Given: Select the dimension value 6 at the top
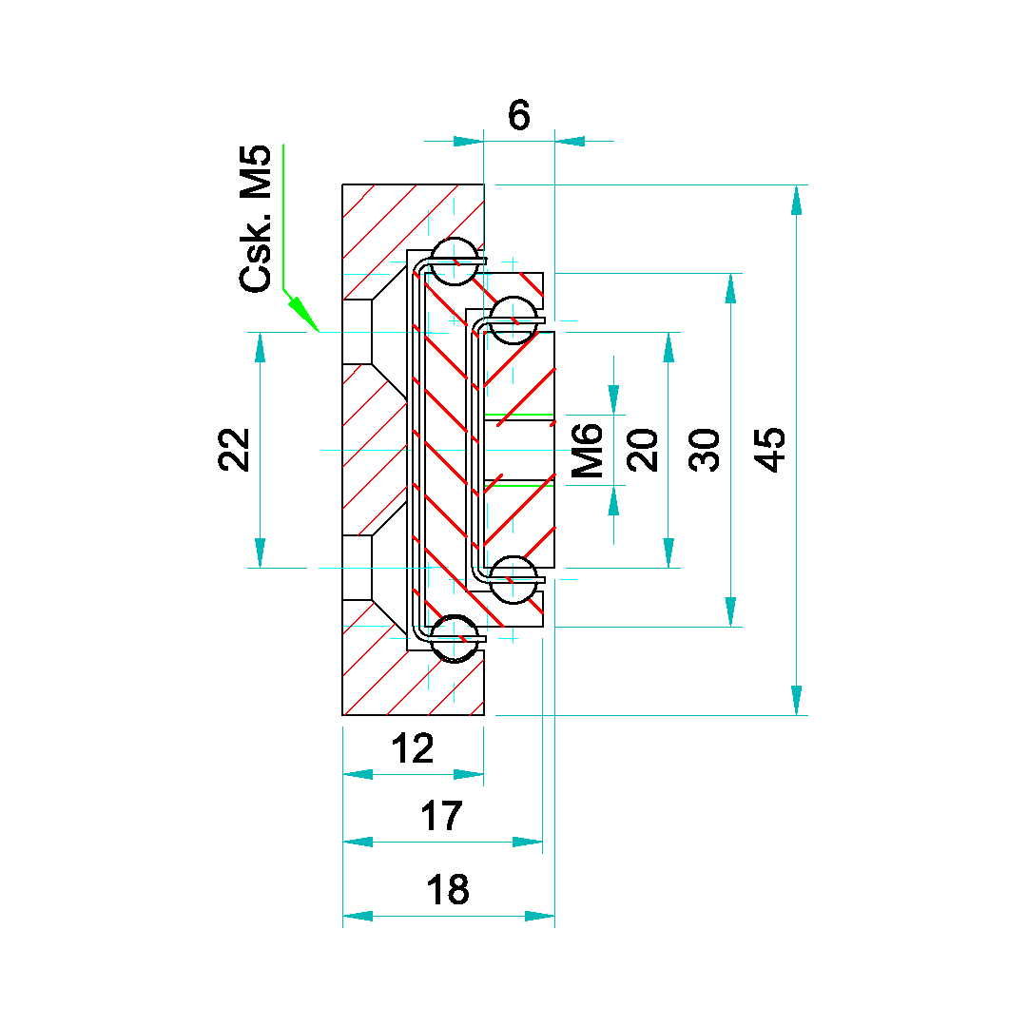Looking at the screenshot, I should click(518, 116).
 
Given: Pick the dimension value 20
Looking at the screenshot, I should click(645, 450).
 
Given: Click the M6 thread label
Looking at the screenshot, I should click(587, 450).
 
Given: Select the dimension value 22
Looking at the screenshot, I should click(235, 450).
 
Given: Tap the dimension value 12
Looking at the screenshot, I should click(413, 749).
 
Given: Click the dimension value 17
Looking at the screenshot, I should click(441, 816).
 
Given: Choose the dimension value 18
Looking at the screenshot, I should click(447, 890).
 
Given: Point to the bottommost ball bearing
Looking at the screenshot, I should click(455, 639).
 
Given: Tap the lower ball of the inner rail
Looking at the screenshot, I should click(513, 579).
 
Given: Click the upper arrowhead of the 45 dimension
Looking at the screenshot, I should click(797, 199).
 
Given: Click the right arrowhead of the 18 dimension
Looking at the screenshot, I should click(539, 916).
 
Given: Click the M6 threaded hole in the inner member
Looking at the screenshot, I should click(519, 450).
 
